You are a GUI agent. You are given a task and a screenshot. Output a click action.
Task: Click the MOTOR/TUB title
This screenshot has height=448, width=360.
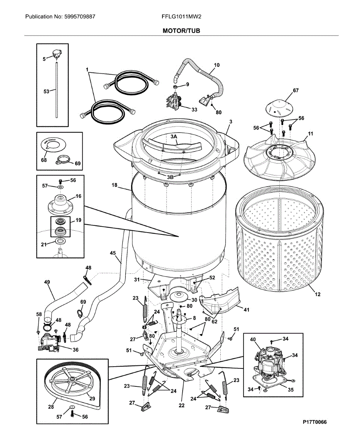point(181,31)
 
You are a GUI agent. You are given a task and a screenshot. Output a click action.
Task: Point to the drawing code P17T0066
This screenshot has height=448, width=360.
point(314,422)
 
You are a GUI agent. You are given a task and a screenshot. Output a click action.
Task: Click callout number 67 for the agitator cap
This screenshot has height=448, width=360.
point(296,91)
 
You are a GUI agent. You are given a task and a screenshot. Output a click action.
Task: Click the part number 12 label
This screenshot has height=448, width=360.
point(317,295)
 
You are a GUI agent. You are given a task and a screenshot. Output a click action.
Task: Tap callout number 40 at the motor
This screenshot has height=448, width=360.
point(253,339)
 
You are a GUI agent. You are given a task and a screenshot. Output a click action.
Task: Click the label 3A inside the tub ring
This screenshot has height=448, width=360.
point(174,137)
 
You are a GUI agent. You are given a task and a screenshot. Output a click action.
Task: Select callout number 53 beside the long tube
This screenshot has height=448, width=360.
point(46,91)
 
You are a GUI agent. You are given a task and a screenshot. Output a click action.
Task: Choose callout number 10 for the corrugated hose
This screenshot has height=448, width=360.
point(217,65)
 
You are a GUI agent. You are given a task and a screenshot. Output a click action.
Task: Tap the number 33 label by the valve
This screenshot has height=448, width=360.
point(194,110)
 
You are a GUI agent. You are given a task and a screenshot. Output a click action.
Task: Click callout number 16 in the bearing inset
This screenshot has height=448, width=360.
point(78,196)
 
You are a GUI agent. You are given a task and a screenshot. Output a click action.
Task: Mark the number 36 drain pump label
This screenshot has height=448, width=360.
point(75,350)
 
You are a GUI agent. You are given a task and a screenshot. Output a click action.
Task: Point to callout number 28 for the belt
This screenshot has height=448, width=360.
point(51,408)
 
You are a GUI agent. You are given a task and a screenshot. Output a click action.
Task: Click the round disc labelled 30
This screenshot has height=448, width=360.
point(179,297)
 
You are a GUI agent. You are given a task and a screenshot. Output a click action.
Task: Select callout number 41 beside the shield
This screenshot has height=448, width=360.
point(246,309)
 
